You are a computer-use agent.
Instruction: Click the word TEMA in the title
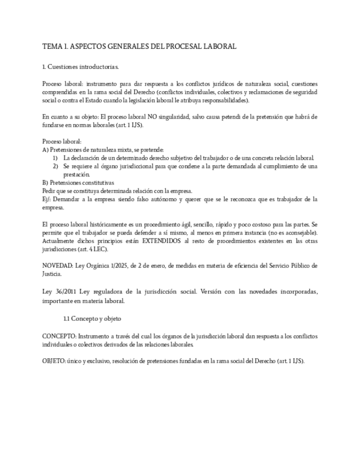(53, 47)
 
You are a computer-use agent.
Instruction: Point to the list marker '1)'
(56, 158)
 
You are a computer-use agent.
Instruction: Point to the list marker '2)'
(56, 166)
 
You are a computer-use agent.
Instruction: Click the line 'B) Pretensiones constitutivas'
(78, 182)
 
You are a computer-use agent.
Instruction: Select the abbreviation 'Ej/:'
(47, 199)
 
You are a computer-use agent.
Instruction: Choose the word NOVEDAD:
(58, 266)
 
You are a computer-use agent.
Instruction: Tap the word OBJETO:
(54, 361)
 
